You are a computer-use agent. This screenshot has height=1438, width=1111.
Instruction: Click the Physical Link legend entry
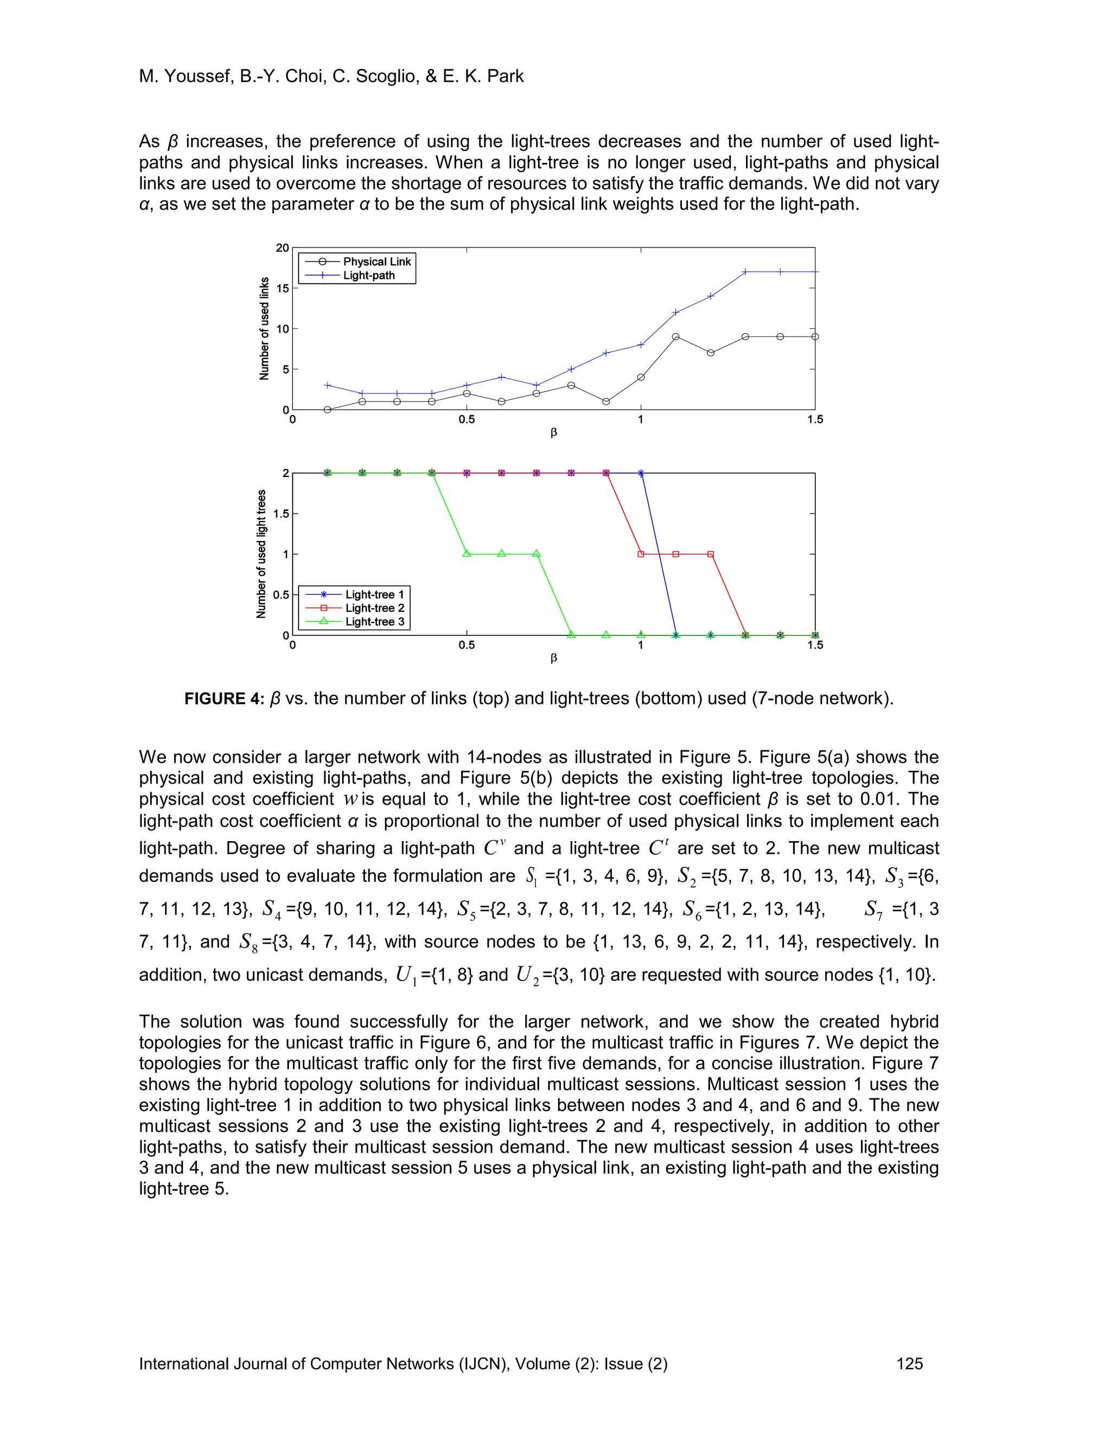click(x=376, y=262)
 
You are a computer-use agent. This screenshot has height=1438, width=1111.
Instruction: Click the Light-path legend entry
click(x=368, y=275)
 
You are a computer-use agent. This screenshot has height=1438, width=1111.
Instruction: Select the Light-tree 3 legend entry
click(x=374, y=621)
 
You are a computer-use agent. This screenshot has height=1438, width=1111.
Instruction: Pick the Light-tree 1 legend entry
click(x=374, y=595)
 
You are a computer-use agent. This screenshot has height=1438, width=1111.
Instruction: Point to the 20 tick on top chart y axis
click(x=282, y=247)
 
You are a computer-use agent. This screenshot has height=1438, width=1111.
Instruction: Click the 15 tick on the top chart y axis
click(x=282, y=288)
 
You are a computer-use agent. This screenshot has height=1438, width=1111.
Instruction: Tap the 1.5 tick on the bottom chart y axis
click(x=281, y=513)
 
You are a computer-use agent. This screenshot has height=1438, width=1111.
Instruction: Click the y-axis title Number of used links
click(x=265, y=328)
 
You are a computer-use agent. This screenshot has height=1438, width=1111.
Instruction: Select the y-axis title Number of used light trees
click(x=261, y=553)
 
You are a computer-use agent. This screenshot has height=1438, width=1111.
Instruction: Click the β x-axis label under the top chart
click(x=553, y=432)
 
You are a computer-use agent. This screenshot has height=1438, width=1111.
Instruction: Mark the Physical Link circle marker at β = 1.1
click(x=675, y=336)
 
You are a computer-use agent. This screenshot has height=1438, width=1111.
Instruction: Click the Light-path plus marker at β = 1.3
click(x=745, y=272)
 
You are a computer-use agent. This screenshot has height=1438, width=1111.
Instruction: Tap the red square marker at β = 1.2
click(x=710, y=555)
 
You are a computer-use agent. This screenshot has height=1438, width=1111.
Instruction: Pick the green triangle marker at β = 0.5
click(x=467, y=553)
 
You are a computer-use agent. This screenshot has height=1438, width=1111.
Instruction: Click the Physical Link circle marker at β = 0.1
click(x=327, y=410)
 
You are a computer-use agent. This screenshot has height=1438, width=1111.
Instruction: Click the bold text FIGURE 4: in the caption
click(x=225, y=698)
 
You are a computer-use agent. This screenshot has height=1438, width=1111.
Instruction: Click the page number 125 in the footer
click(x=909, y=1364)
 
